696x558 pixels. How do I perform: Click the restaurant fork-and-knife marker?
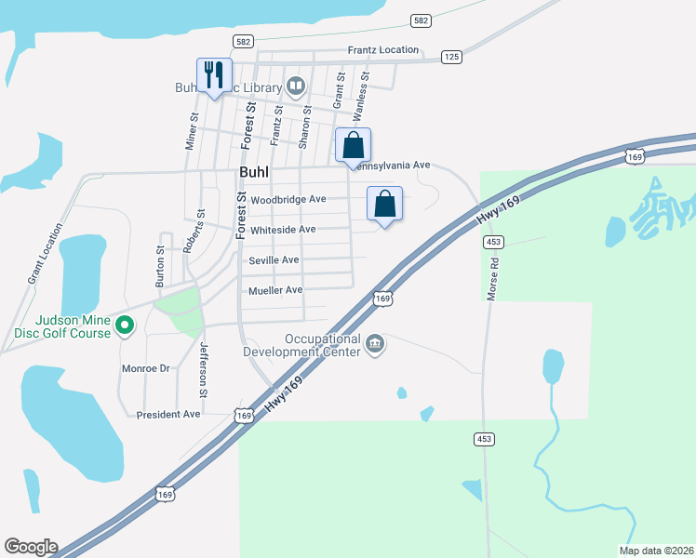(214, 75)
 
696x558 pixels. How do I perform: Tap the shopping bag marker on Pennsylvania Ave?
(353, 146)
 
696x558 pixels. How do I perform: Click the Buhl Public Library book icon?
(296, 88)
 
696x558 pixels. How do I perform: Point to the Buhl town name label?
(256, 174)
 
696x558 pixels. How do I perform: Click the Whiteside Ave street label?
(283, 229)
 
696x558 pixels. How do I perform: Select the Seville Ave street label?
(274, 259)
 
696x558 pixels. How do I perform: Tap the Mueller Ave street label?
(275, 290)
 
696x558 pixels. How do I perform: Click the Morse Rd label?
(493, 276)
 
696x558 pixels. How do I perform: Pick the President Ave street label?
(168, 414)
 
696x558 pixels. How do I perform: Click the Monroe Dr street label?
(146, 368)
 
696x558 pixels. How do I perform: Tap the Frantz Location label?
(383, 49)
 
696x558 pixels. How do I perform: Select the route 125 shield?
(451, 58)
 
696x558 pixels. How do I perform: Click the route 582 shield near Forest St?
(244, 42)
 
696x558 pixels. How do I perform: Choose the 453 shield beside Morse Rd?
(493, 242)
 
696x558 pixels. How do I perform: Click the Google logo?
(31, 547)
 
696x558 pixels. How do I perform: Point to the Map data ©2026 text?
(656, 551)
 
